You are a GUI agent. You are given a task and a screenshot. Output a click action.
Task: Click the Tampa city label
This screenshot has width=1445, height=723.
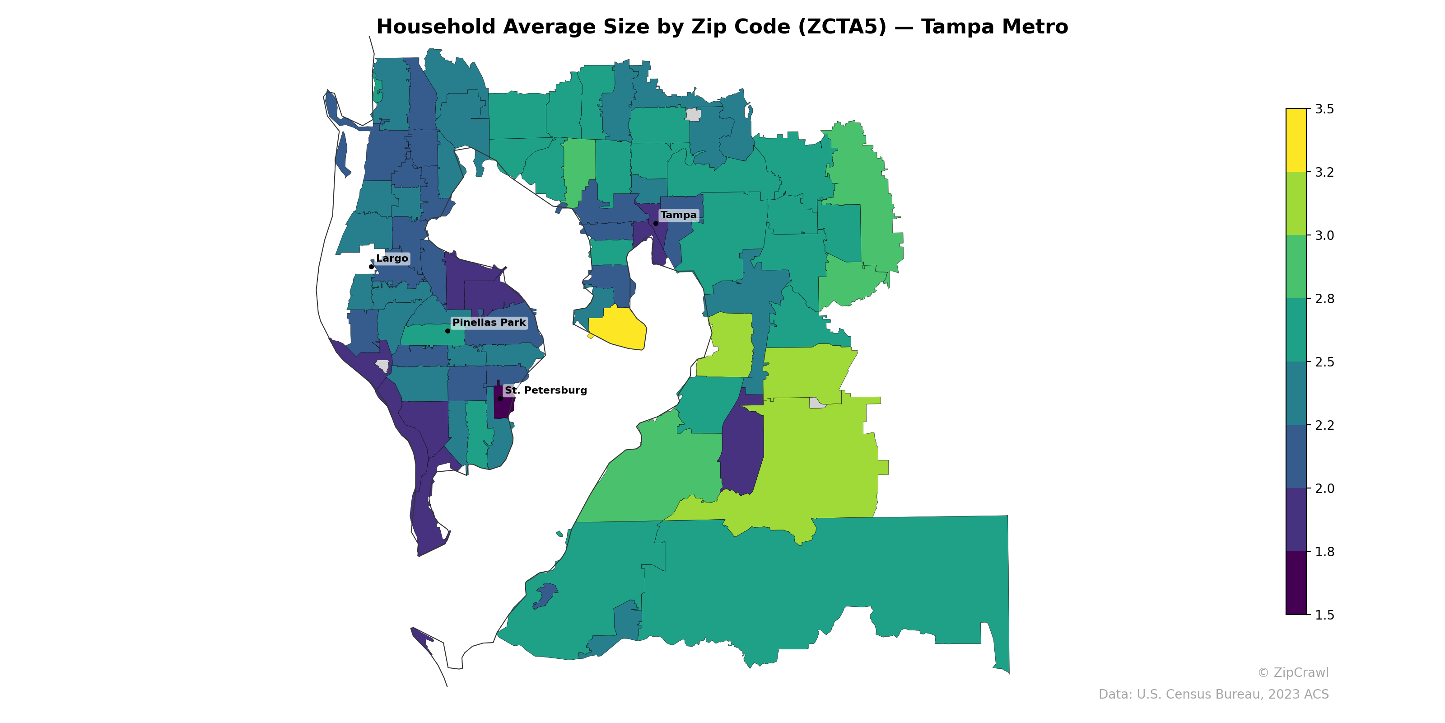pos(678,215)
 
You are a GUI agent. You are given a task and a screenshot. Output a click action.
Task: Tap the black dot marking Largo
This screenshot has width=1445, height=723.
pos(371,267)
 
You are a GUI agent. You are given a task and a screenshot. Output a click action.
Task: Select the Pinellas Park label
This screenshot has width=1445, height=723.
pos(489,322)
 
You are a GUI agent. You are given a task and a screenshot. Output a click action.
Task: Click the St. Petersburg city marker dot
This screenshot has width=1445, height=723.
pos(500,399)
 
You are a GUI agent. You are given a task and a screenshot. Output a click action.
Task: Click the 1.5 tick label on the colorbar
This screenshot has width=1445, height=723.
pos(1324,615)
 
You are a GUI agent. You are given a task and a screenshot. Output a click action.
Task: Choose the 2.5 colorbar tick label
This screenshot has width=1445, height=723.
pos(1324,362)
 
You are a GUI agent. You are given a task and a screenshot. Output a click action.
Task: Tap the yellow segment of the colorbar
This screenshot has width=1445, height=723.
pos(1296,141)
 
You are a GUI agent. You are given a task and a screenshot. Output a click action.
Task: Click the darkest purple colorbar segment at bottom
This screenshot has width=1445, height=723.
pos(1296,582)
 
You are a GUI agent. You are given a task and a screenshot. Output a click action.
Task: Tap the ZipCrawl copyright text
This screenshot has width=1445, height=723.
pos(1293,672)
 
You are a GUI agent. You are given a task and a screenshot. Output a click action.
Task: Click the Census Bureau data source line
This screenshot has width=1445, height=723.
pos(1213,695)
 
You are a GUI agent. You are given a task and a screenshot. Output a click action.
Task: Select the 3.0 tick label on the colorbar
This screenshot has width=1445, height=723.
pos(1324,235)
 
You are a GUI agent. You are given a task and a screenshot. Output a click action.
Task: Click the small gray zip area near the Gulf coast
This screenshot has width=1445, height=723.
pos(382,366)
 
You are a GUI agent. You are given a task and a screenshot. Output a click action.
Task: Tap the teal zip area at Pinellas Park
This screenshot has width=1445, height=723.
pos(429,335)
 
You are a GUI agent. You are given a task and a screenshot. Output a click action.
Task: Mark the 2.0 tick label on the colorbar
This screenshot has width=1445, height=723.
pos(1324,488)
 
